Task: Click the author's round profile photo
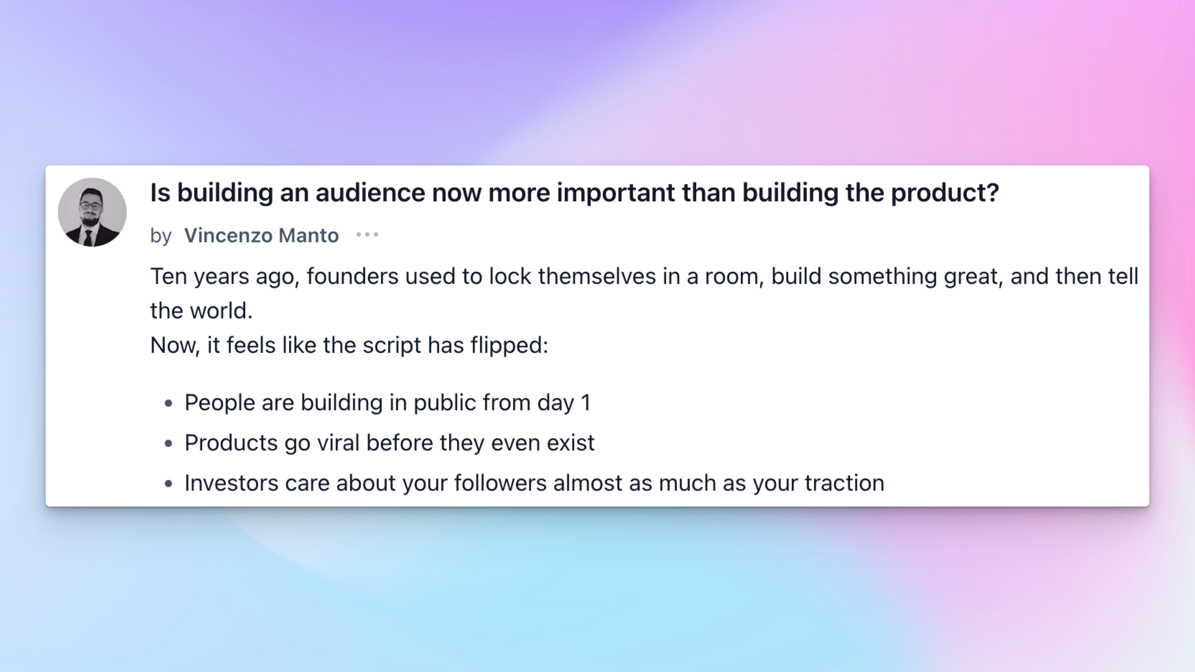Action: pos(92,212)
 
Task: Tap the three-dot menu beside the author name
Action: pos(367,235)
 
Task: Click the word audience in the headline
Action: pos(370,192)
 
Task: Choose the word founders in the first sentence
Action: pos(352,276)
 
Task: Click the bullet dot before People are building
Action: pos(168,403)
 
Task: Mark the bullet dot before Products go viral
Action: pos(168,444)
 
